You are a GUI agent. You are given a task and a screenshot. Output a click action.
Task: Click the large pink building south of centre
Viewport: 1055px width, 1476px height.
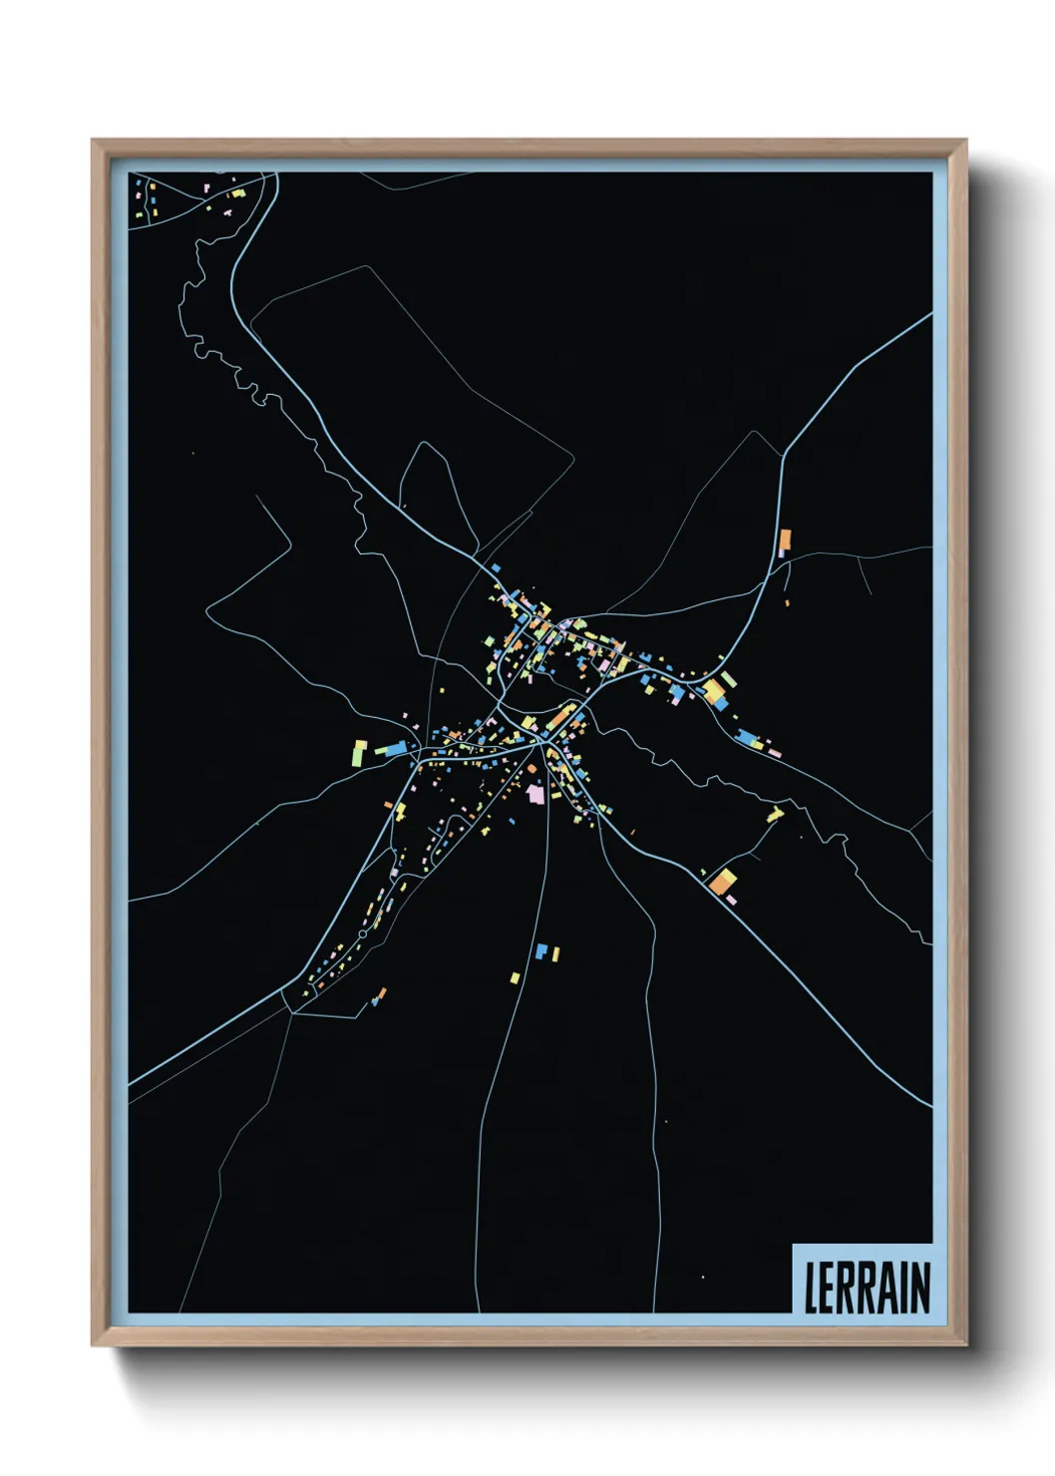(536, 794)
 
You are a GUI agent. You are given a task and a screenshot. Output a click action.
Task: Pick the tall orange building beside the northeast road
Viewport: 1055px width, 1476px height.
(785, 541)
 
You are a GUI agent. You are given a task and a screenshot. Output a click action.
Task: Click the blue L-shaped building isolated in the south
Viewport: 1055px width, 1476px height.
(541, 951)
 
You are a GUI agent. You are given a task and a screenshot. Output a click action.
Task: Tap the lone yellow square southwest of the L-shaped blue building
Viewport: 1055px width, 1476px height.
(516, 977)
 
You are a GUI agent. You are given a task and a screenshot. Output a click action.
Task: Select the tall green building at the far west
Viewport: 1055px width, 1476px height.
(357, 754)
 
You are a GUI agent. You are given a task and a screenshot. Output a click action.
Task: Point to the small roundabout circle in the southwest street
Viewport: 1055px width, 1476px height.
(362, 933)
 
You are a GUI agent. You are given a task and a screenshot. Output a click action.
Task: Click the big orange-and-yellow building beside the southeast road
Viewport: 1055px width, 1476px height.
(723, 881)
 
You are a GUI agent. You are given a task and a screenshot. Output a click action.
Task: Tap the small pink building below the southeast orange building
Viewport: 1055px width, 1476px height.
(731, 900)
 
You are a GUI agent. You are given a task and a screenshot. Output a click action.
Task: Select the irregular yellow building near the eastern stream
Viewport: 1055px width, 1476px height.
(775, 815)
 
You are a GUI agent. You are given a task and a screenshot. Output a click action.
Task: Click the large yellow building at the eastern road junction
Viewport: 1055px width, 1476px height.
(713, 691)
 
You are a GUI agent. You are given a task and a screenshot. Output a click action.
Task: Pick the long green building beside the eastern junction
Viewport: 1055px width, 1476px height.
(730, 679)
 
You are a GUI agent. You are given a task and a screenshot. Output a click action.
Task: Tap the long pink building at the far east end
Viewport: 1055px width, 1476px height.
(774, 753)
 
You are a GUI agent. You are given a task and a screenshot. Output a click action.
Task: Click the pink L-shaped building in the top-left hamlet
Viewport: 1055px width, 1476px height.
(227, 211)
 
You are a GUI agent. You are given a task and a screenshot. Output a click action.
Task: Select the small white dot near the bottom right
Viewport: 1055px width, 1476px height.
(703, 1277)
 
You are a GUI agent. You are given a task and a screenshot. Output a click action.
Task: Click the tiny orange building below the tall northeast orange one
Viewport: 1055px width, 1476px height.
(787, 602)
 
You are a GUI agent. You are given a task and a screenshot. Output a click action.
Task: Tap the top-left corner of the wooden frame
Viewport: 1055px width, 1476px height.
(93, 141)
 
